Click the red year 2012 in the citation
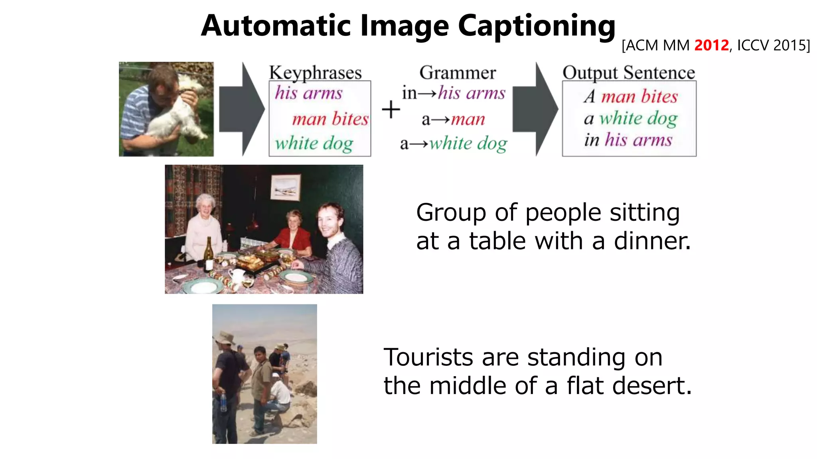(x=711, y=45)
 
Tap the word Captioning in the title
(x=537, y=26)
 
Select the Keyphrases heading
(x=315, y=73)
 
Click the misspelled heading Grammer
(x=458, y=73)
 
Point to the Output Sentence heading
(x=629, y=73)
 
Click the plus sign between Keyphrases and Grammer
(x=391, y=110)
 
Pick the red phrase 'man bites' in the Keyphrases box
(x=330, y=119)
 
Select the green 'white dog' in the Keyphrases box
(x=314, y=143)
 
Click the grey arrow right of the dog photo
(x=241, y=109)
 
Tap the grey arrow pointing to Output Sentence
(x=535, y=109)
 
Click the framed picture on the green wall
(x=285, y=187)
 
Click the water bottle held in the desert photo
(x=223, y=402)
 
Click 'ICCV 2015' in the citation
(x=773, y=45)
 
